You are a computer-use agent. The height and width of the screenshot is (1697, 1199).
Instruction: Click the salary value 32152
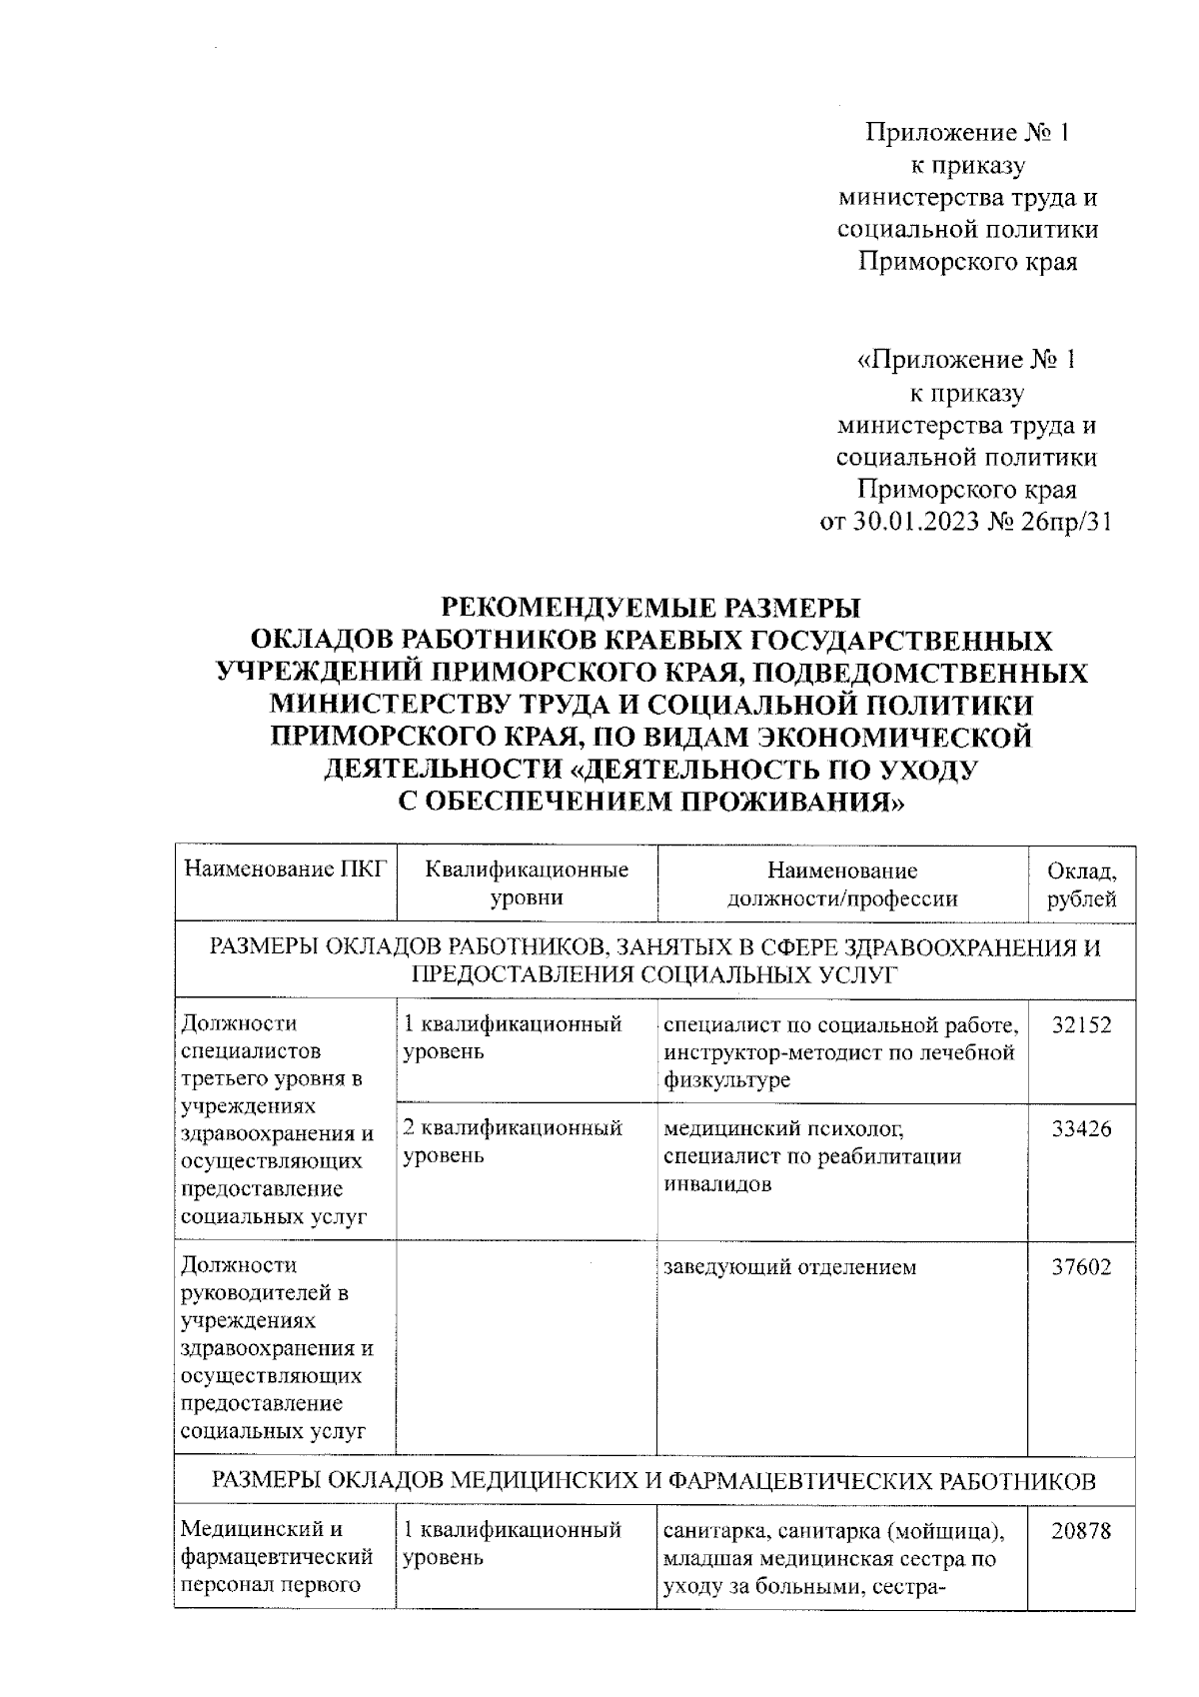pyautogui.click(x=1081, y=1024)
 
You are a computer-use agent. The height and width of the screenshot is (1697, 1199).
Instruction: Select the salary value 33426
pyautogui.click(x=1081, y=1128)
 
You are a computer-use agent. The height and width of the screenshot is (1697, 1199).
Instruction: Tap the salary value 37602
pyautogui.click(x=1081, y=1266)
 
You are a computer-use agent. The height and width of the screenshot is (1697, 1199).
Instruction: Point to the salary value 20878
pyautogui.click(x=1081, y=1530)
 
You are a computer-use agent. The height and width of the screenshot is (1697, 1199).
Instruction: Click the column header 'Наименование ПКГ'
pyautogui.click(x=285, y=869)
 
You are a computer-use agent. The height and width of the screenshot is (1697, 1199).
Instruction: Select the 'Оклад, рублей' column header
pyautogui.click(x=1081, y=883)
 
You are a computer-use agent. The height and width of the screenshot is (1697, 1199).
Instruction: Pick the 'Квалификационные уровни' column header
pyautogui.click(x=527, y=883)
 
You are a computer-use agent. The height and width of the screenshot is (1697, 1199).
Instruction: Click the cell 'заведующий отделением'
pyautogui.click(x=789, y=1267)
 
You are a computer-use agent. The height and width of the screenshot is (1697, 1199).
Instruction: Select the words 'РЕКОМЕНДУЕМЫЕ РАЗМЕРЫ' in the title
pyautogui.click(x=650, y=608)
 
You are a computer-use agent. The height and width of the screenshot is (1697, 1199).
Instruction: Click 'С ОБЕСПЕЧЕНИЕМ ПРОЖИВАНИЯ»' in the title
pyautogui.click(x=650, y=802)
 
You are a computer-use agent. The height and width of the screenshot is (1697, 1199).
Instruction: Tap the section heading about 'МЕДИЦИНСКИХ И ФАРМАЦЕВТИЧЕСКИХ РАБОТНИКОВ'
pyautogui.click(x=654, y=1481)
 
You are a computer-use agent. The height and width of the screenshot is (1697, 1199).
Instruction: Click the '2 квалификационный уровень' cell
pyautogui.click(x=512, y=1141)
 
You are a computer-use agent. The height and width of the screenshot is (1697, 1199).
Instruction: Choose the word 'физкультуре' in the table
pyautogui.click(x=726, y=1080)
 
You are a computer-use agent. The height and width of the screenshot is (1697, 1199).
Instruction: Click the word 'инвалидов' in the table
pyautogui.click(x=717, y=1184)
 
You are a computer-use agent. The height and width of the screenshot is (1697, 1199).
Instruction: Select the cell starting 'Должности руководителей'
pyautogui.click(x=277, y=1347)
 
